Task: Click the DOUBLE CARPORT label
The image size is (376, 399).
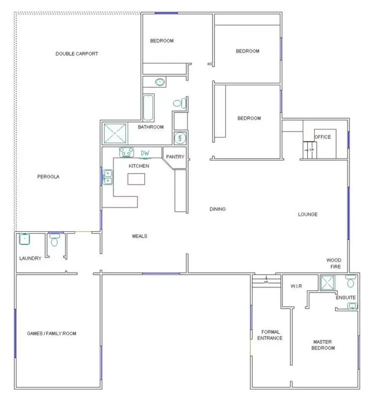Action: [x=76, y=54]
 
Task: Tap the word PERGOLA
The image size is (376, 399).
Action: [x=49, y=176]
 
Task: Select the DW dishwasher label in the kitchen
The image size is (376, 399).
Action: [x=145, y=153]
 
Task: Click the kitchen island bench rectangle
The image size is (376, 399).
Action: [x=139, y=179]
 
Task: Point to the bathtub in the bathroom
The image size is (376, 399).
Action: [x=148, y=107]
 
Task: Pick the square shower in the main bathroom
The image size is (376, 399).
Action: [x=116, y=134]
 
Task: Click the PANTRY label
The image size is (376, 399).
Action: [x=175, y=157]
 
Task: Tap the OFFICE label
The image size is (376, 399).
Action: [x=322, y=137]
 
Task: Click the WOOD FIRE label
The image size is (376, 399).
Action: [x=334, y=263]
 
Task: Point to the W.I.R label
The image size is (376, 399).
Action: [x=295, y=287]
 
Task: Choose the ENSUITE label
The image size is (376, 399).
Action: [x=345, y=298]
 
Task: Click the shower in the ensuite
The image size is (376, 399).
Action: [x=328, y=284]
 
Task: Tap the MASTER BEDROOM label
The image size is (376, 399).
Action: [x=323, y=344]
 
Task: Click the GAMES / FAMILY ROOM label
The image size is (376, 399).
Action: [x=52, y=333]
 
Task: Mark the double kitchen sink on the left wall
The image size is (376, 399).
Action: [x=108, y=177]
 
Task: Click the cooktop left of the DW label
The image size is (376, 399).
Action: [x=125, y=152]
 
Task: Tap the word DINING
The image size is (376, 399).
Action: [x=217, y=209]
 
